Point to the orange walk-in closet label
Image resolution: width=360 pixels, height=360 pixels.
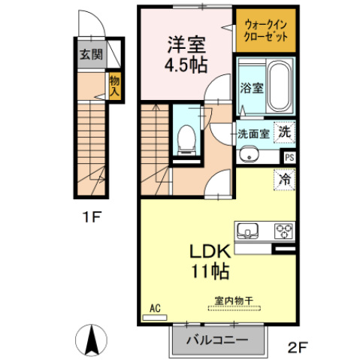click(x=265, y=32)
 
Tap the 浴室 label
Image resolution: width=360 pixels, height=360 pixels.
click(x=251, y=88)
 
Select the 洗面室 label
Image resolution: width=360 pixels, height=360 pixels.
click(x=253, y=135)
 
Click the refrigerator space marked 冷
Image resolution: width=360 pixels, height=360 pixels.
click(x=284, y=180)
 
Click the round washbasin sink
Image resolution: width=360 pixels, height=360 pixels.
click(x=250, y=156)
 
